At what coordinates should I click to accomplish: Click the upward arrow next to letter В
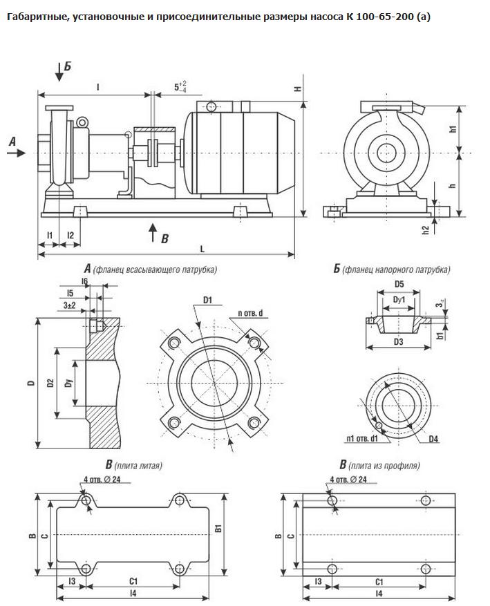point(153,232)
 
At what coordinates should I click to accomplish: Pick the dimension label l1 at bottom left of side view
point(49,236)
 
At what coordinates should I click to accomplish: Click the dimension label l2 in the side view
point(70,236)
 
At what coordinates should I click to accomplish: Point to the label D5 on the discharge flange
point(399,284)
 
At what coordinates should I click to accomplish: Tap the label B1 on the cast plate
point(218,529)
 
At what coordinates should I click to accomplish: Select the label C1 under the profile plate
point(379,582)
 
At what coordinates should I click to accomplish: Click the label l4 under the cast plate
point(133,593)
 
